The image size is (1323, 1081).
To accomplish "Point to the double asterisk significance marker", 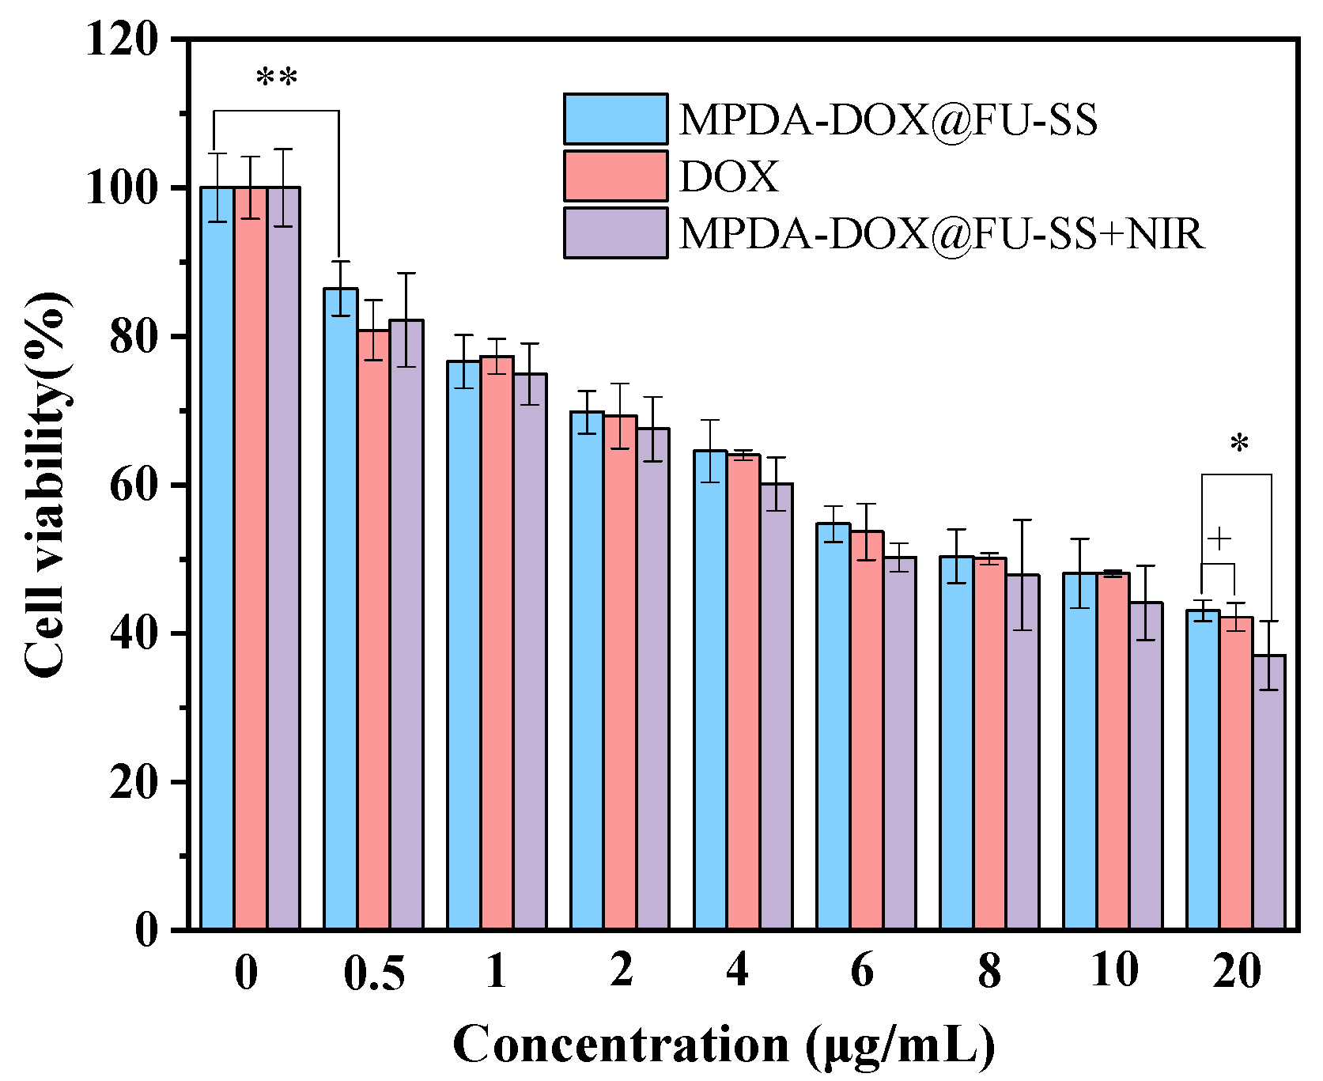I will [x=277, y=79].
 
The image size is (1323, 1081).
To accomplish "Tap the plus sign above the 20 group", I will [x=1219, y=539].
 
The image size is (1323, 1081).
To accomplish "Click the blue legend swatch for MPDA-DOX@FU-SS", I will [x=615, y=119].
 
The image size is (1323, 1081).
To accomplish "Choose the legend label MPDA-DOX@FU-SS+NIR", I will [x=941, y=233].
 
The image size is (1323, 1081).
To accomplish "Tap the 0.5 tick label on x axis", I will [x=374, y=973].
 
